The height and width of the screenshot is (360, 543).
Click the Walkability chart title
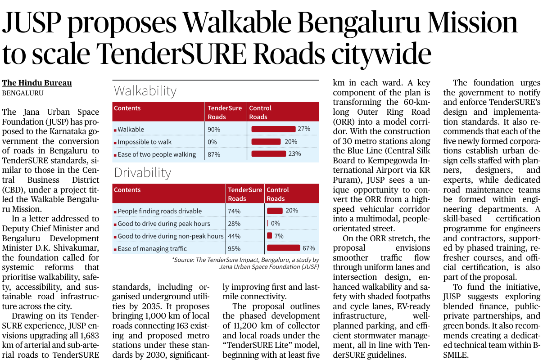(x=145, y=91)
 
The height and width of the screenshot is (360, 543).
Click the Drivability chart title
(x=142, y=173)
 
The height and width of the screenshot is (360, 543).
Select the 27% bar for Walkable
(x=273, y=129)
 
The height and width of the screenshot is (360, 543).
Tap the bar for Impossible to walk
(x=266, y=142)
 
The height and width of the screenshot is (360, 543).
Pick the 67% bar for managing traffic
(x=283, y=248)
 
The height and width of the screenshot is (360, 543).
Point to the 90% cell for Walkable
(x=214, y=130)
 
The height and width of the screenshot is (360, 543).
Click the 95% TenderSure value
(x=234, y=248)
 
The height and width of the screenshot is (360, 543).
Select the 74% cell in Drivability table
(x=234, y=211)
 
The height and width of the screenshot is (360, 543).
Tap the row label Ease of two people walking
(x=157, y=154)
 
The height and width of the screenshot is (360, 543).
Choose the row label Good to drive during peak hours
(x=164, y=224)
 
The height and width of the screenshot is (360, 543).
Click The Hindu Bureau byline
(x=37, y=83)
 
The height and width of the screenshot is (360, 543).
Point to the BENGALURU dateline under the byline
(x=23, y=93)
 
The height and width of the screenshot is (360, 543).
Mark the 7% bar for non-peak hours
(x=270, y=236)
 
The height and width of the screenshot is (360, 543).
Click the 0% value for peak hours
(x=276, y=224)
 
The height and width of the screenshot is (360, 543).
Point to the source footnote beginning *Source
(x=245, y=263)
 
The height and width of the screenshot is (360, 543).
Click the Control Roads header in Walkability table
(x=260, y=112)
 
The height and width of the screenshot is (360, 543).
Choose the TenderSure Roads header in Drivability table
(x=244, y=194)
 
